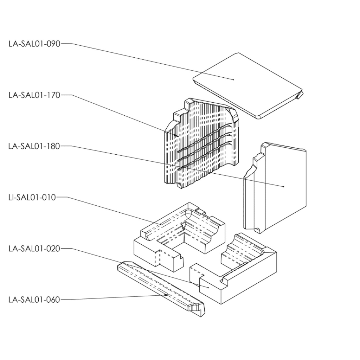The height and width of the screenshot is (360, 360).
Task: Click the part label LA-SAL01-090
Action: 34,44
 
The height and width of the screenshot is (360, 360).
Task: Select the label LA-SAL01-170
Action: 34,95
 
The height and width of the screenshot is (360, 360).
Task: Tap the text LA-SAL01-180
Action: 34,146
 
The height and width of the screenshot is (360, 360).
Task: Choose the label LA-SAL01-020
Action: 34,249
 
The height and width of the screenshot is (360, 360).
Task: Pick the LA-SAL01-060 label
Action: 34,300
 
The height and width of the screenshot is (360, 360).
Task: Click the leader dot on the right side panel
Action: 284,186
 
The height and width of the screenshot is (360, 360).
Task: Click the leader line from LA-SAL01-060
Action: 116,297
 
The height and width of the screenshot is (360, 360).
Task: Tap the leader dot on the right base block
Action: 208,288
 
